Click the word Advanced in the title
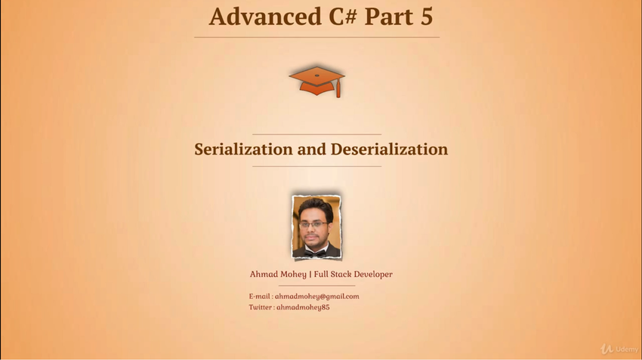click(265, 17)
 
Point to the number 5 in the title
click(426, 17)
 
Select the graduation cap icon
click(317, 82)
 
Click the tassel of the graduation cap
click(338, 88)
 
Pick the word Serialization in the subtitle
click(243, 149)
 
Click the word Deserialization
click(390, 149)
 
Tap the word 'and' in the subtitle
click(312, 149)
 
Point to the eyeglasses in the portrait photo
click(313, 225)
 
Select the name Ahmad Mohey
click(278, 275)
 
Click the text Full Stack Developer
click(353, 275)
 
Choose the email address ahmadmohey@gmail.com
click(317, 297)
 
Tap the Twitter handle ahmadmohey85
click(303, 307)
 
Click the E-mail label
click(259, 297)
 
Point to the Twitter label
click(260, 307)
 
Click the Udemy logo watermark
click(619, 349)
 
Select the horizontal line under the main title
click(317, 37)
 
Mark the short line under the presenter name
click(317, 285)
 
